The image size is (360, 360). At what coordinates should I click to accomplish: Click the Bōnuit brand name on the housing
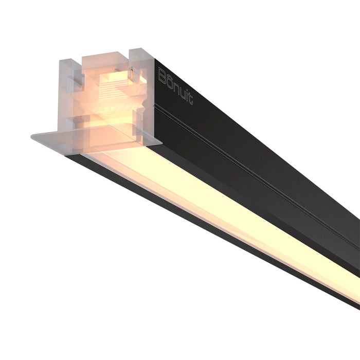(175, 85)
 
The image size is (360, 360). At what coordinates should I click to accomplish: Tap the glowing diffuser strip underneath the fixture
(231, 206)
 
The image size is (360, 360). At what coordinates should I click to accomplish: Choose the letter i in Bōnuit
(186, 94)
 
